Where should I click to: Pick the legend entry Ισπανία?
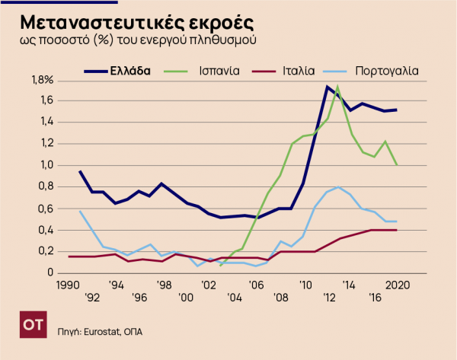pos(217,70)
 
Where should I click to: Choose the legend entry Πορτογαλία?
pos(386,70)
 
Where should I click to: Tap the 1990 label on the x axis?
pos(68,285)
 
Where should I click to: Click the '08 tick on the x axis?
pos(281,297)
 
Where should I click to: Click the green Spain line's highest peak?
pos(337,87)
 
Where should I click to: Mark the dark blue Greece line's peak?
pos(327,87)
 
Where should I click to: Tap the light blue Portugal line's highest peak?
pos(337,186)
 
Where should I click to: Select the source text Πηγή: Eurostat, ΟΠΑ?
pos(101,332)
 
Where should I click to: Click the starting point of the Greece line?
pos(80,171)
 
